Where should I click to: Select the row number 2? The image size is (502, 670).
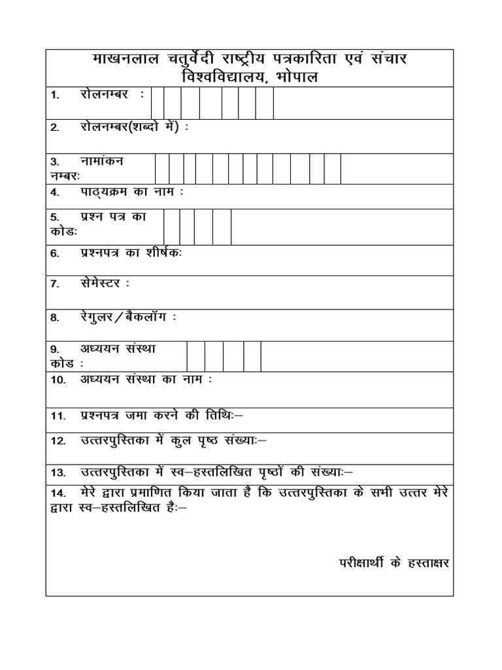[x=55, y=127]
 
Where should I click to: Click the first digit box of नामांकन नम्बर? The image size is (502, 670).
[x=162, y=169]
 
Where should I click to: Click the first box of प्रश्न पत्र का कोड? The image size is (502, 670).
[x=171, y=227]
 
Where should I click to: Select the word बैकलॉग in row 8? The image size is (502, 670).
[x=148, y=318]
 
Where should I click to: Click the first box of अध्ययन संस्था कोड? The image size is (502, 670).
[x=195, y=356]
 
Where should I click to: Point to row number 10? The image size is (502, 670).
[x=58, y=379]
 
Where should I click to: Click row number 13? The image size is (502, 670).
[x=58, y=472]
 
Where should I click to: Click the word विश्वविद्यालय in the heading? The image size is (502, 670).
[x=226, y=77]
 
